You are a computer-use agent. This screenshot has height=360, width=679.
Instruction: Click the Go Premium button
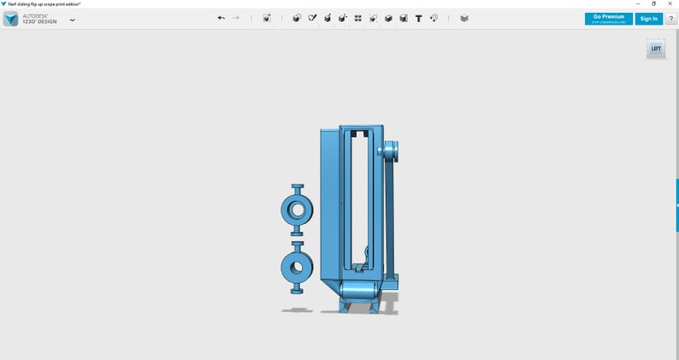pos(609,18)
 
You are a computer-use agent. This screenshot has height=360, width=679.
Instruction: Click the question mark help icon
pos(670,18)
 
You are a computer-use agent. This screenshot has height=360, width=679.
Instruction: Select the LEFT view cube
pos(656,49)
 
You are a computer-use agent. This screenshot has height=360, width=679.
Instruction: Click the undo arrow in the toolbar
pos(221,18)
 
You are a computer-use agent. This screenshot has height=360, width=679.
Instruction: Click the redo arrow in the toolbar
pos(236,18)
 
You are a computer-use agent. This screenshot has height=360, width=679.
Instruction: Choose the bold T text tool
pos(418,18)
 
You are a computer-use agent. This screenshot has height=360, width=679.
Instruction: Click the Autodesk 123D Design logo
pos(10,19)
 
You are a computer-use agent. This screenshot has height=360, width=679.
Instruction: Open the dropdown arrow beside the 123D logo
pos(72,20)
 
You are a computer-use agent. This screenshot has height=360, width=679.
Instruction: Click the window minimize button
pos(637,3)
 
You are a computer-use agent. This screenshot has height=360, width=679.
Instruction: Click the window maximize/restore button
pos(654,3)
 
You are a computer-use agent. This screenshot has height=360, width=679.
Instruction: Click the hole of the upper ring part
pos(298,209)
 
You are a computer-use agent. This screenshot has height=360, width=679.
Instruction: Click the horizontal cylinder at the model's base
pos(359,292)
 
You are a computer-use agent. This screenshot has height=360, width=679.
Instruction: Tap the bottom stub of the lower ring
pos(298,288)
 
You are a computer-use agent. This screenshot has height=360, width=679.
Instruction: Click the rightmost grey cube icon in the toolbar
pos(464,18)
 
